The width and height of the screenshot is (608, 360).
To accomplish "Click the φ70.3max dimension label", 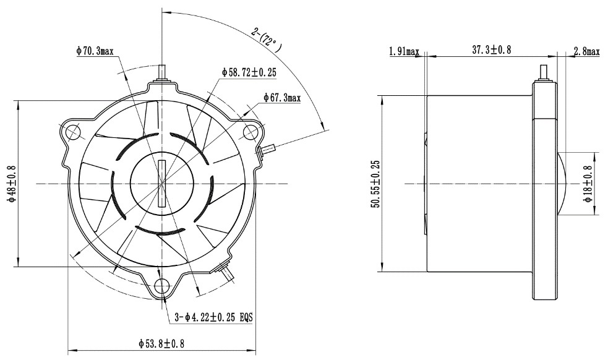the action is pos(95,51).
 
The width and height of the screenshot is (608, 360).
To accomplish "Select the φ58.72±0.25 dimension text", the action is pos(249,72).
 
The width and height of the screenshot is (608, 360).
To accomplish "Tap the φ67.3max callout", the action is pos(282,97).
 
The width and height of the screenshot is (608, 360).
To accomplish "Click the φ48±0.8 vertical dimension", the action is pos(12,184).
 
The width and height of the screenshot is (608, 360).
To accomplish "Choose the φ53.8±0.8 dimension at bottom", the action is pos(161,343).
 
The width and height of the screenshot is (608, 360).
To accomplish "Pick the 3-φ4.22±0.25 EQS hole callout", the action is pos(213,317).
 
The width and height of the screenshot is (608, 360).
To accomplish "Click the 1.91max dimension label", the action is pos(405,51).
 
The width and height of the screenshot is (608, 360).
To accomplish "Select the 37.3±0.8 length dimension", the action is pos(491,49).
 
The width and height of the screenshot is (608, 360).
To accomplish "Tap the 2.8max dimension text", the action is pos(587,51).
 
